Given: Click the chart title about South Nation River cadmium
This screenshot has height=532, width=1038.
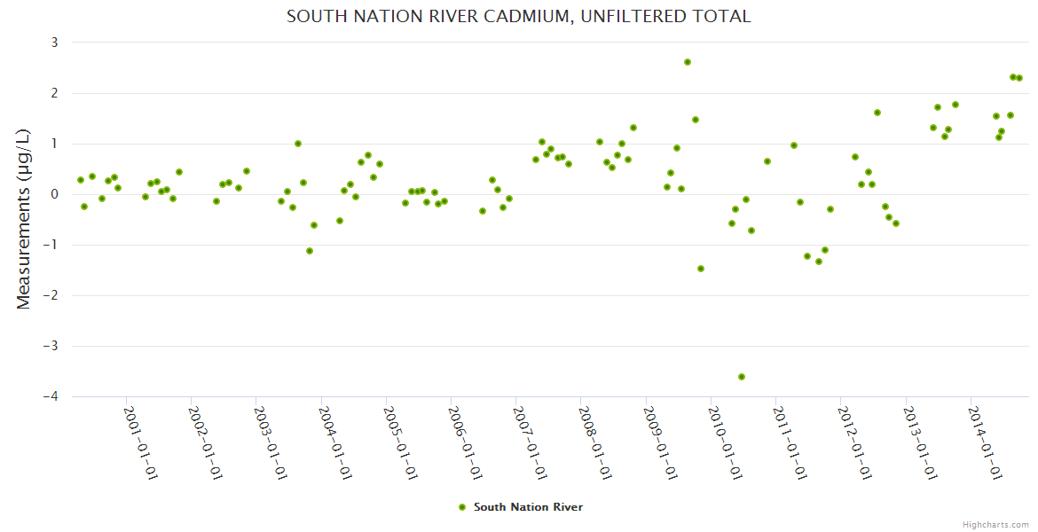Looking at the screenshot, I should pos(518,17).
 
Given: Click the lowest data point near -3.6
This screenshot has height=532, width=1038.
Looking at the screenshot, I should pos(742,377).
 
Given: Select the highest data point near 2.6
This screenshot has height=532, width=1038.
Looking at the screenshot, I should pos(688,62).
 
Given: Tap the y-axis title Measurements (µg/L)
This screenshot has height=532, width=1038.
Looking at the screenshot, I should pos(24,218).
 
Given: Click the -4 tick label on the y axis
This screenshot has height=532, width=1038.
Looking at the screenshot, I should pos(51,396).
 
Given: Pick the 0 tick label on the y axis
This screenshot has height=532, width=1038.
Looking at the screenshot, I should pos(54,194).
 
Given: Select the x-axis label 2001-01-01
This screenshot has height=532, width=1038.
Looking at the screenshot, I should pos(140,442).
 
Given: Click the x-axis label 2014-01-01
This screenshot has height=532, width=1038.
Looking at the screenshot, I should pos(985,442).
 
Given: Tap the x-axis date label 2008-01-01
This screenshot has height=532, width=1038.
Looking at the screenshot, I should pos(594,442).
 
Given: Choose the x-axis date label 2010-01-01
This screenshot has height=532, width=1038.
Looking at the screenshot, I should pos(725,442).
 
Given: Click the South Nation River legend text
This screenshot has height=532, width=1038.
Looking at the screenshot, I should pos(528,507).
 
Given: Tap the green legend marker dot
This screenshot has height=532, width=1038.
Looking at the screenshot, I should pos(461,507).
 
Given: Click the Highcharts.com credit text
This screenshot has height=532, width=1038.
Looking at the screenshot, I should pos(995,524).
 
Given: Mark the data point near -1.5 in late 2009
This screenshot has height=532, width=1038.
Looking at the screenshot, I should pos(701,269).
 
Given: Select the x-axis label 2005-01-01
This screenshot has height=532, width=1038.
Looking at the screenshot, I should pos(400,442).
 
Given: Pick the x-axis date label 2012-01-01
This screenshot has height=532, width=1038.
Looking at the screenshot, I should pos(854,442).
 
